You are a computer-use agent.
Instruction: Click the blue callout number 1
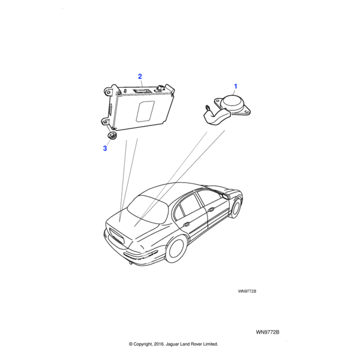235,86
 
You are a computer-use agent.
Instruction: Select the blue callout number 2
140,76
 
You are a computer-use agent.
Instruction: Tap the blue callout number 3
105,148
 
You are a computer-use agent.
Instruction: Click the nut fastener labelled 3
112,135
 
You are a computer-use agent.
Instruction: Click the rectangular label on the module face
145,112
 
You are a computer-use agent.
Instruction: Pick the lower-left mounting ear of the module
106,122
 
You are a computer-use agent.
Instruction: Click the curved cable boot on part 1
217,118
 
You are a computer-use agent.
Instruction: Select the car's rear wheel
176,250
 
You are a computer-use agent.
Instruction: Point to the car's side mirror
225,196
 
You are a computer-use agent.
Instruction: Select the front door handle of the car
211,209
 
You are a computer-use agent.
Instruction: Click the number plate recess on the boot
116,236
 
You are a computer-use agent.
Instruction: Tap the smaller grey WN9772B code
247,291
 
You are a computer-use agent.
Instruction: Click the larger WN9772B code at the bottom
268,332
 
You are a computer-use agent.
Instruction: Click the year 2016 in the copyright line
159,344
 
